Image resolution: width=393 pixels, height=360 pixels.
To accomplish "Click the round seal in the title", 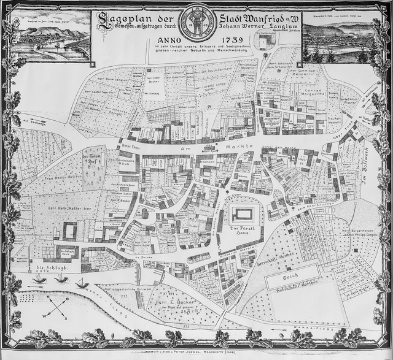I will (196, 25).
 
